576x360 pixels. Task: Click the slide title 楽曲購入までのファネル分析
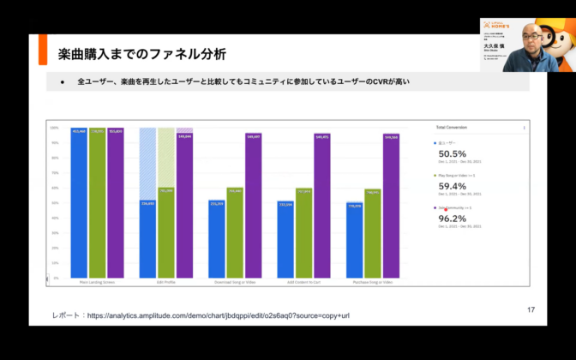(137, 55)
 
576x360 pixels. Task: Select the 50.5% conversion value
(452, 153)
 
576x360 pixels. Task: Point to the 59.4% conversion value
(452, 185)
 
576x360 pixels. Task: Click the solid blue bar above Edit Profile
(147, 240)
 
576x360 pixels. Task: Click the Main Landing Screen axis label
(96, 282)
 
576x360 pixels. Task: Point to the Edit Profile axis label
(165, 282)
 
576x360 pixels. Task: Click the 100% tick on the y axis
(54, 128)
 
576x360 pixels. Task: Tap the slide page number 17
(531, 309)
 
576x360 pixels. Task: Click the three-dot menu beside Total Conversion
(524, 127)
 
